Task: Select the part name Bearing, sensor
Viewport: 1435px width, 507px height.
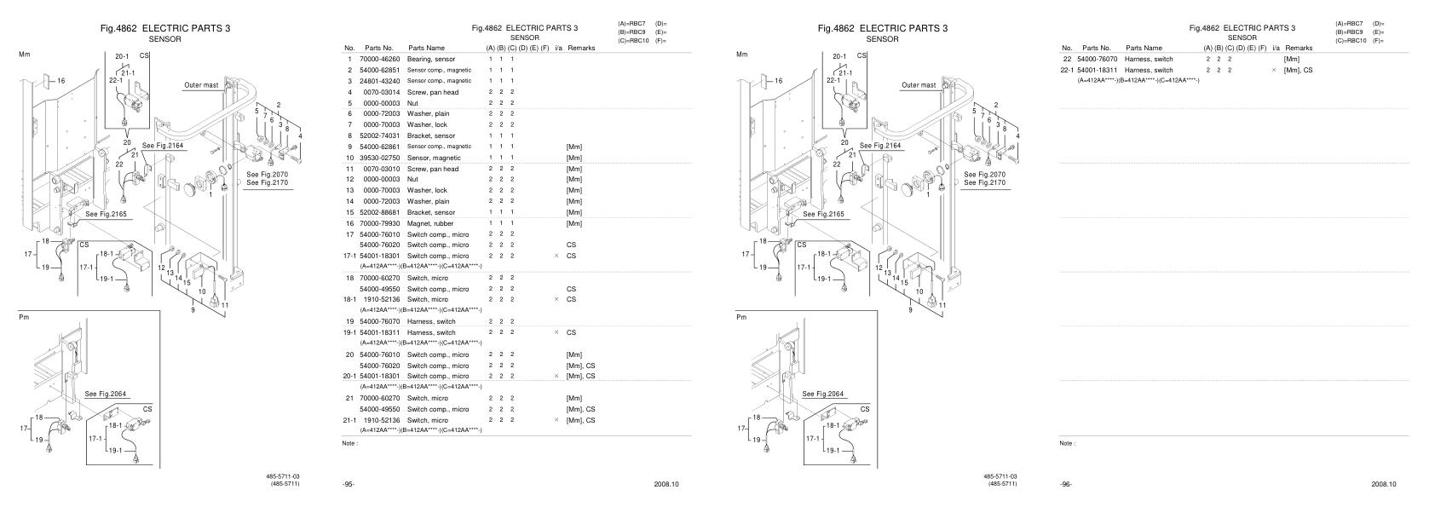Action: coord(430,59)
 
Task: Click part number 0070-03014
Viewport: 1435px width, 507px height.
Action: coord(380,92)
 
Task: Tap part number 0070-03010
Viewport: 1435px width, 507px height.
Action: coord(380,169)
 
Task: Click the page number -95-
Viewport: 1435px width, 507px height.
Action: coord(349,484)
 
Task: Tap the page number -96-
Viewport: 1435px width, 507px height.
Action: coord(1066,484)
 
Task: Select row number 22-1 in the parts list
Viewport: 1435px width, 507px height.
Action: coord(1066,70)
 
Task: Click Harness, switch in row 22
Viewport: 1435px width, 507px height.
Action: coord(1149,59)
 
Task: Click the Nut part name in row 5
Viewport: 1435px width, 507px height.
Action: coord(413,103)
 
